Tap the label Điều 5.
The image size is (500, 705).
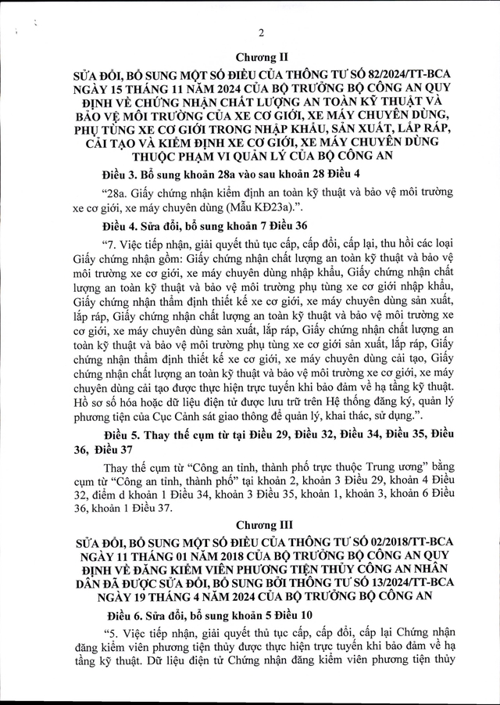click(123, 433)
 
